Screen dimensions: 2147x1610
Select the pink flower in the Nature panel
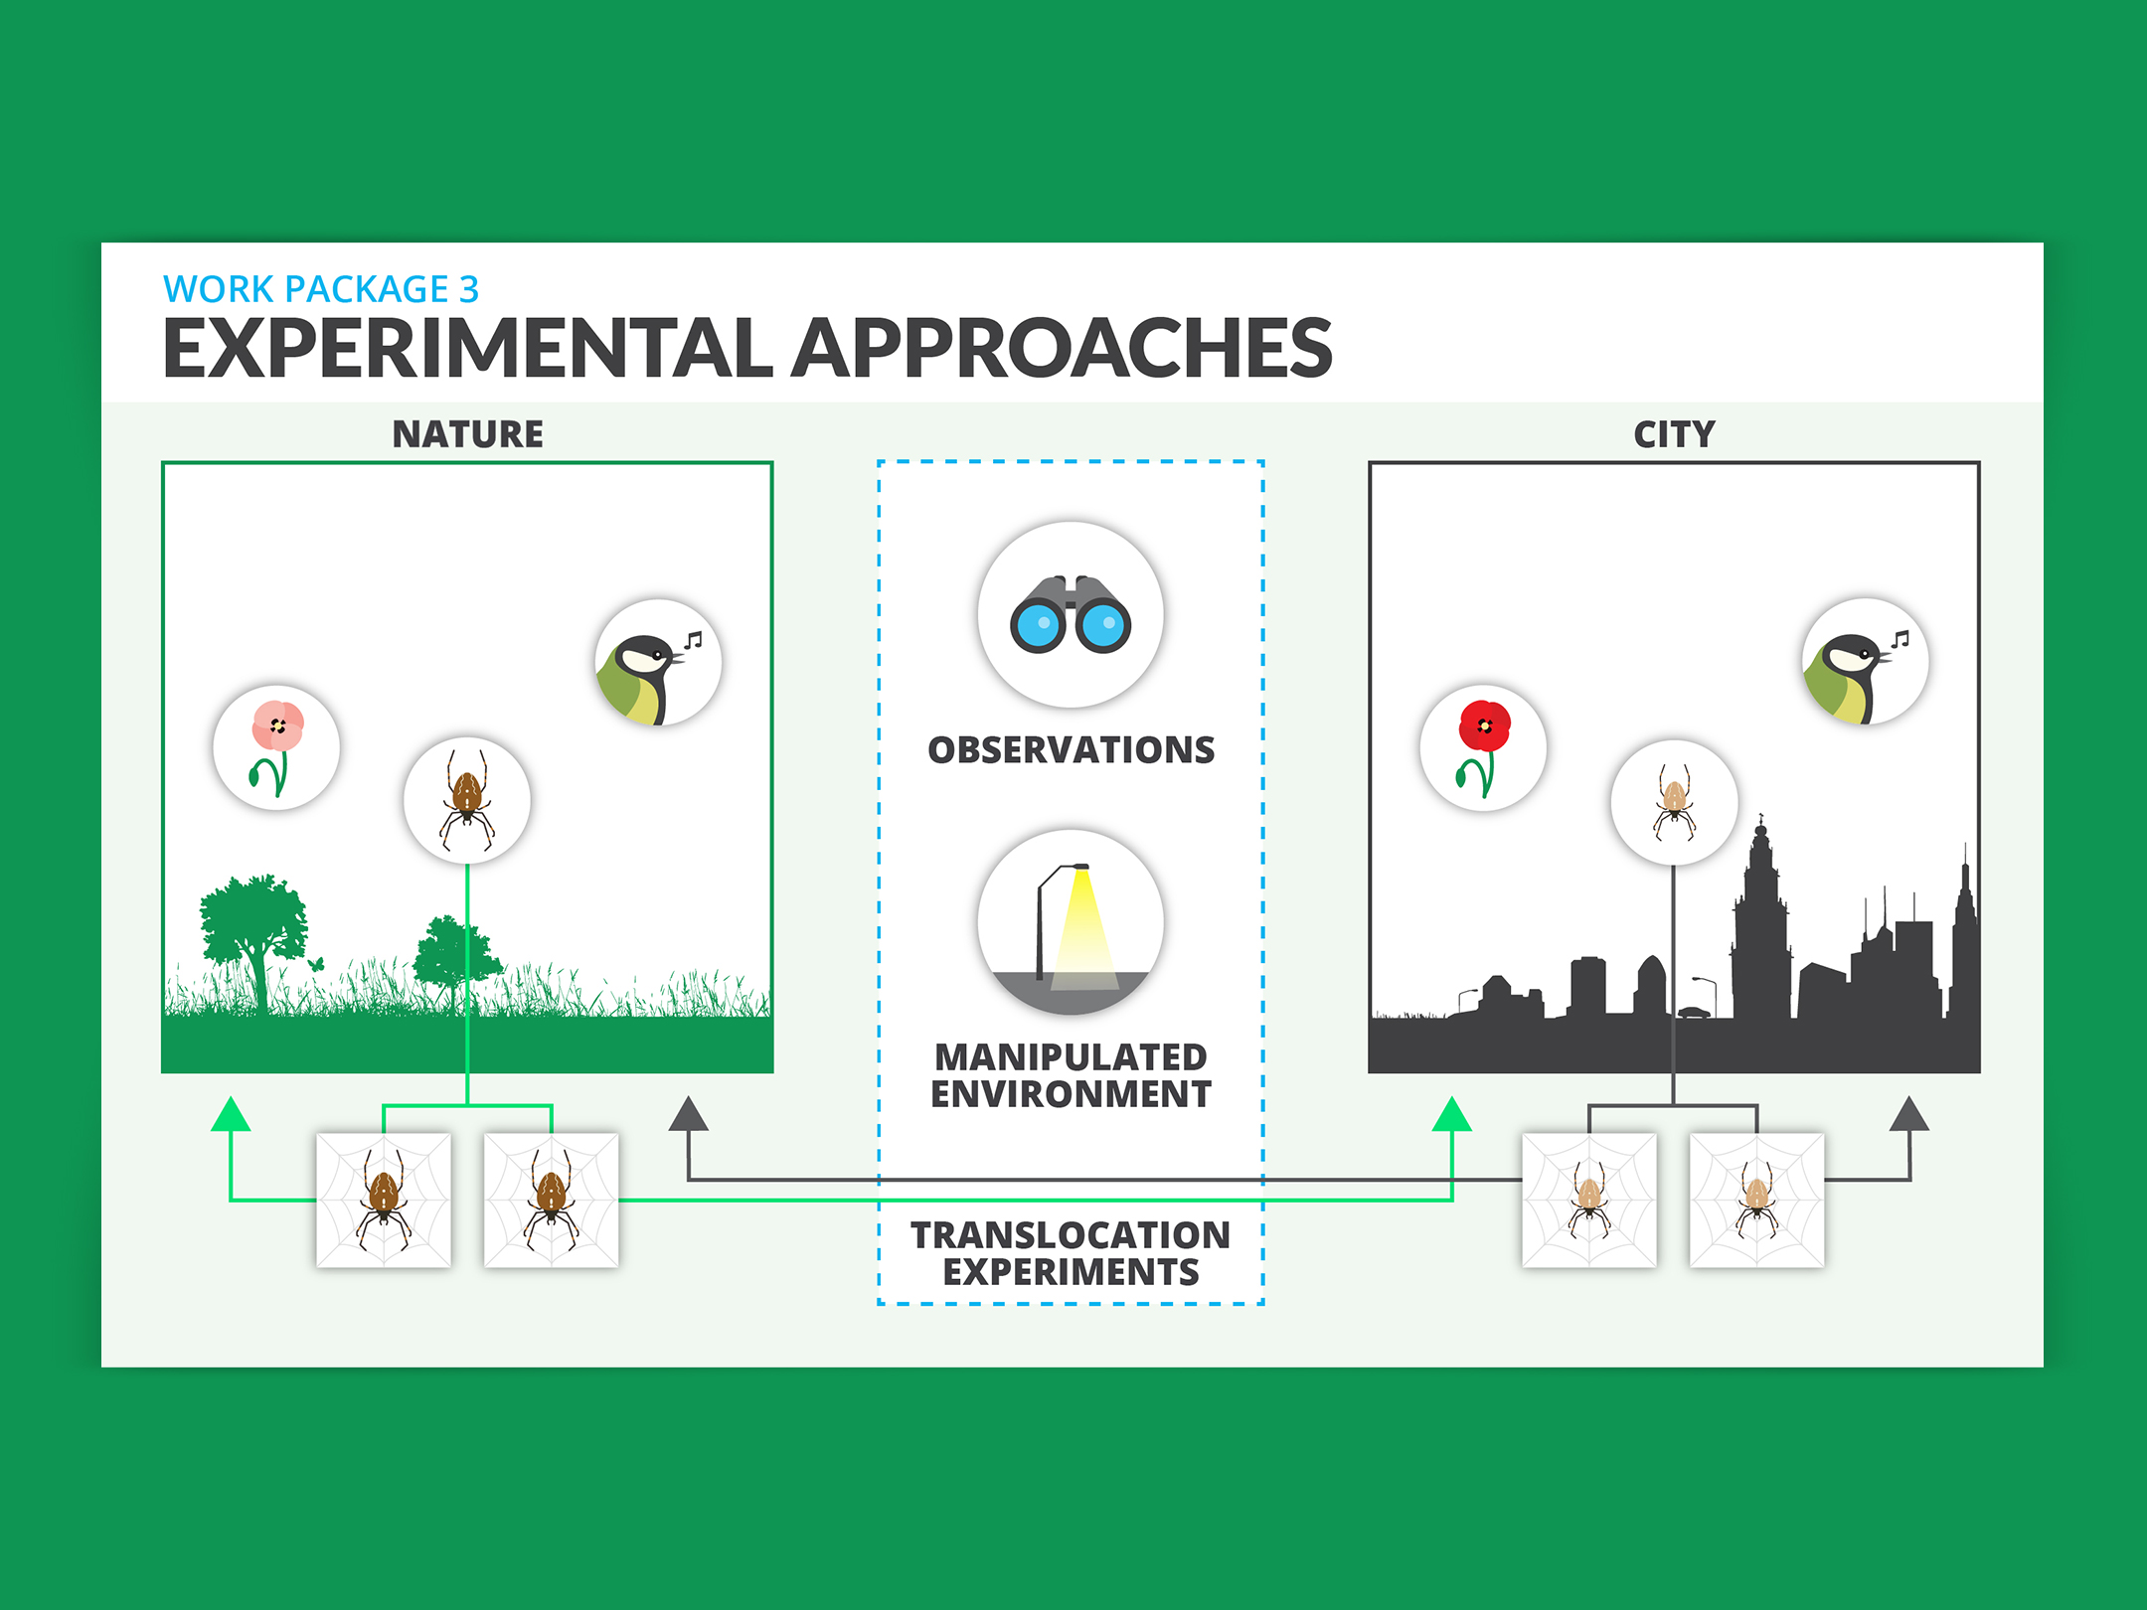click(276, 747)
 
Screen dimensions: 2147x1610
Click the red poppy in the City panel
click(1483, 747)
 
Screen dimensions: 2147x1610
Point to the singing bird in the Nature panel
click(658, 662)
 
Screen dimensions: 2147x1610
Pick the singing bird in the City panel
click(1865, 662)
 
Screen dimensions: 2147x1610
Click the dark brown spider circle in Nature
click(467, 800)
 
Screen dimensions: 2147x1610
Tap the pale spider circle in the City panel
click(1674, 802)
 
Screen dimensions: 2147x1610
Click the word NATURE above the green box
click(468, 434)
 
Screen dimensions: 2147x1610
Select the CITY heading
click(1675, 434)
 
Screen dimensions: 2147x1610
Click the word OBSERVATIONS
click(1072, 749)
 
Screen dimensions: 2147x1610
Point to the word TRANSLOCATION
click(1072, 1235)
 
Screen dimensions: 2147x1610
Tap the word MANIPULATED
click(1072, 1056)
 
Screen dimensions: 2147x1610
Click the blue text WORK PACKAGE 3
click(321, 289)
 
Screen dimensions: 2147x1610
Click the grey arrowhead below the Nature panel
click(688, 1114)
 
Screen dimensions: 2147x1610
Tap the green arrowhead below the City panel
click(1452, 1114)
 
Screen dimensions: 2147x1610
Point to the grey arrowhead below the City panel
click(1909, 1114)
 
